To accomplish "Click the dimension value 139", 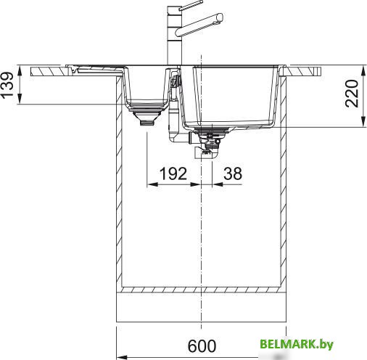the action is [x=7, y=85].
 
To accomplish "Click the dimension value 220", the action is [x=352, y=94].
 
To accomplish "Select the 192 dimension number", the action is [x=173, y=173].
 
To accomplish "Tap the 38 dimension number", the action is [x=233, y=173].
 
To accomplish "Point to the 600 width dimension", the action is [x=202, y=346].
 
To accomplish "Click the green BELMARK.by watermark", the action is [x=297, y=344].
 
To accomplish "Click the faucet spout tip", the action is [x=220, y=17].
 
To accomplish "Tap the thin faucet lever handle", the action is [x=191, y=5].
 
